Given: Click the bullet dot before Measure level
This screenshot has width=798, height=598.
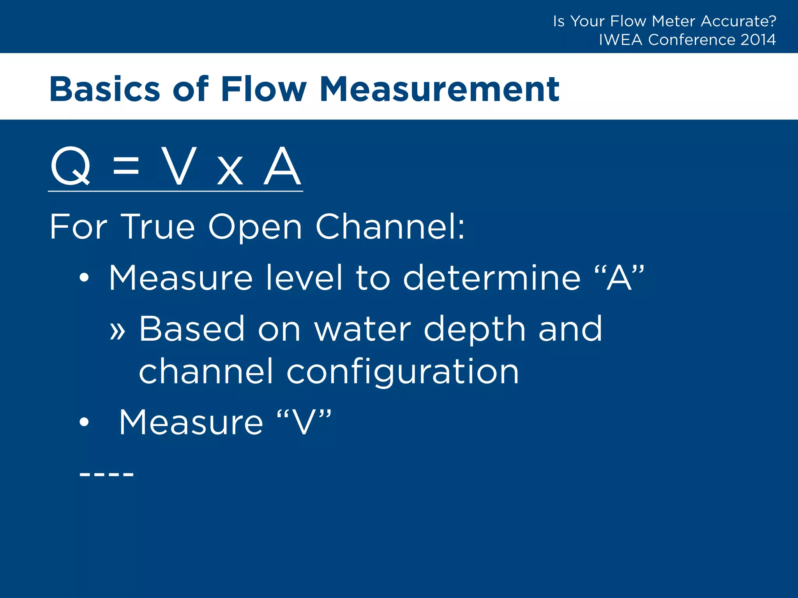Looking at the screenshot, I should [84, 278].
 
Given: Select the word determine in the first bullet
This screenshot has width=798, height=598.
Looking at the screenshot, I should [492, 278].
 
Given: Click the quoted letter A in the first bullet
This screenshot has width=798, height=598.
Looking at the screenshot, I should [619, 277].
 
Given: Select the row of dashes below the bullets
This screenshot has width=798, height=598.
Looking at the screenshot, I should [106, 474].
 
